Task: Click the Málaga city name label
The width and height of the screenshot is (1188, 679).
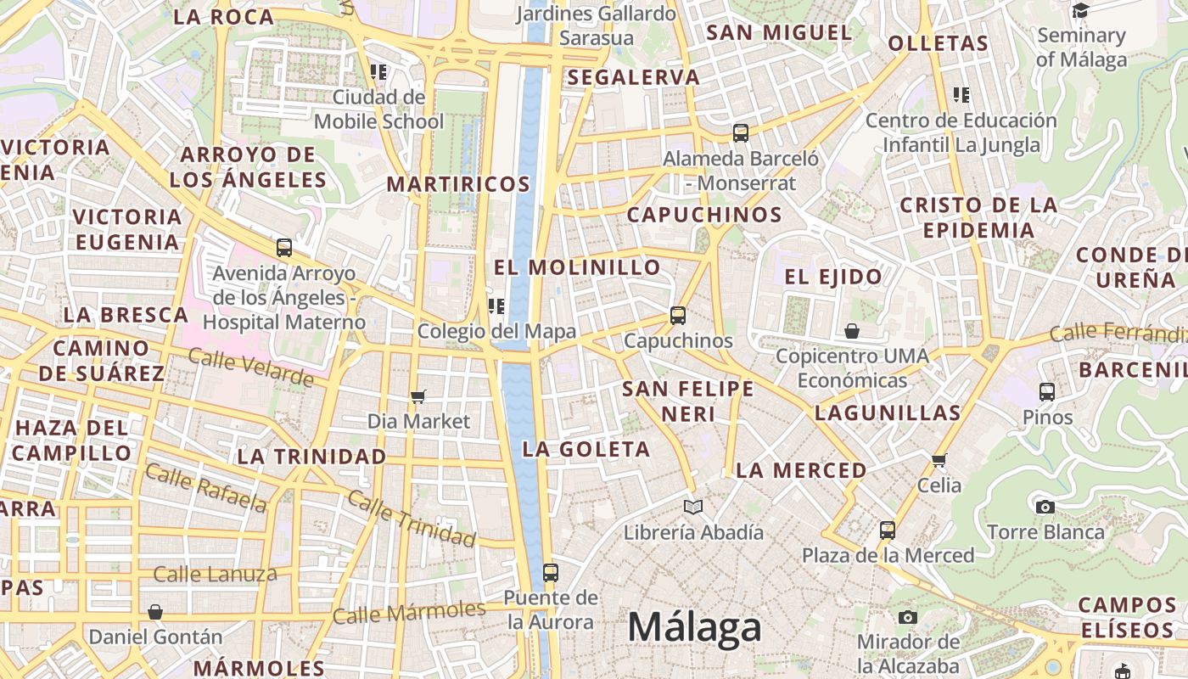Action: click(x=694, y=628)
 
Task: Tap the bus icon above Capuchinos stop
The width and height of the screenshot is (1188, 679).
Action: click(x=677, y=316)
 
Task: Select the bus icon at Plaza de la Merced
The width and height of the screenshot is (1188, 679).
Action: click(x=887, y=530)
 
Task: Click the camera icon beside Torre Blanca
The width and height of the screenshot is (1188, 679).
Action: click(x=1045, y=507)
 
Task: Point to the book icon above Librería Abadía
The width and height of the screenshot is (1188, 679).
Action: click(x=693, y=507)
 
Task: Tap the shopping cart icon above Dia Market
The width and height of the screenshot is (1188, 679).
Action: click(x=417, y=396)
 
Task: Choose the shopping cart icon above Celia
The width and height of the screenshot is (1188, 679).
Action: click(x=939, y=460)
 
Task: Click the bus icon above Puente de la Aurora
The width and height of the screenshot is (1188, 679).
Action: click(x=551, y=573)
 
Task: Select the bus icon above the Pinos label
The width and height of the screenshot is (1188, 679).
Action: click(x=1047, y=392)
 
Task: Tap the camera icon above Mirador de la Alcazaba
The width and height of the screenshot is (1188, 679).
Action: click(x=908, y=617)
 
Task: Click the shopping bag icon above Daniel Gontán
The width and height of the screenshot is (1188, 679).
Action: click(x=155, y=612)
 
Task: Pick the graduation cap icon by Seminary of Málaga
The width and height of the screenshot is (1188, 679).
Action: click(x=1080, y=11)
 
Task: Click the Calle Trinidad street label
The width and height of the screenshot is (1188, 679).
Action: click(x=412, y=519)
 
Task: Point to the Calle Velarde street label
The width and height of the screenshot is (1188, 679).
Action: click(x=250, y=368)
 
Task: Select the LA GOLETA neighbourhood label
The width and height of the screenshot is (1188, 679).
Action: click(x=586, y=449)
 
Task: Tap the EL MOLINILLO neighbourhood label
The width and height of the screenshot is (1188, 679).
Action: click(x=577, y=267)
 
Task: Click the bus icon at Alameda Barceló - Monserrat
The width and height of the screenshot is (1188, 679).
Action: click(x=740, y=133)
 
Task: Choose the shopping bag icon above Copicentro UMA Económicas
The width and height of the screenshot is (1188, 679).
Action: click(x=852, y=331)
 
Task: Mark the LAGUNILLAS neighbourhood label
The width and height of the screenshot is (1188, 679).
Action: click(x=888, y=413)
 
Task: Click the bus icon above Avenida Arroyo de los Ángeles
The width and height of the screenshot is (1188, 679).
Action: click(x=284, y=248)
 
